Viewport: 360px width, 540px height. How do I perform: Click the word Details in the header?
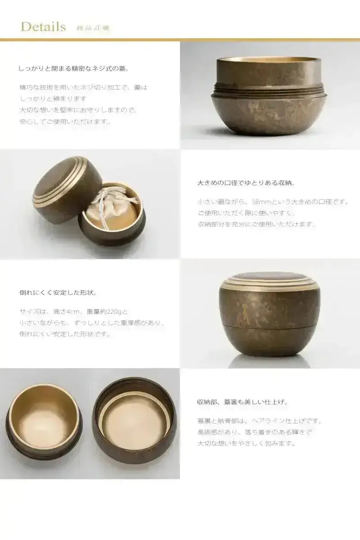point(43,27)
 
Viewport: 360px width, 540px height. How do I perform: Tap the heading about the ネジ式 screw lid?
point(74,69)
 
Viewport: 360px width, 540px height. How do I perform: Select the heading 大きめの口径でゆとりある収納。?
point(246,183)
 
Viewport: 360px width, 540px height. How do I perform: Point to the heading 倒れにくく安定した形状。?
point(58,292)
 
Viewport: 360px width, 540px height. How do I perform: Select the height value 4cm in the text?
point(73,311)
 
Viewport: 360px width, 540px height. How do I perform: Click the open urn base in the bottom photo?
point(44,421)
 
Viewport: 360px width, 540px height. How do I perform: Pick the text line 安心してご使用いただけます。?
point(65,121)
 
